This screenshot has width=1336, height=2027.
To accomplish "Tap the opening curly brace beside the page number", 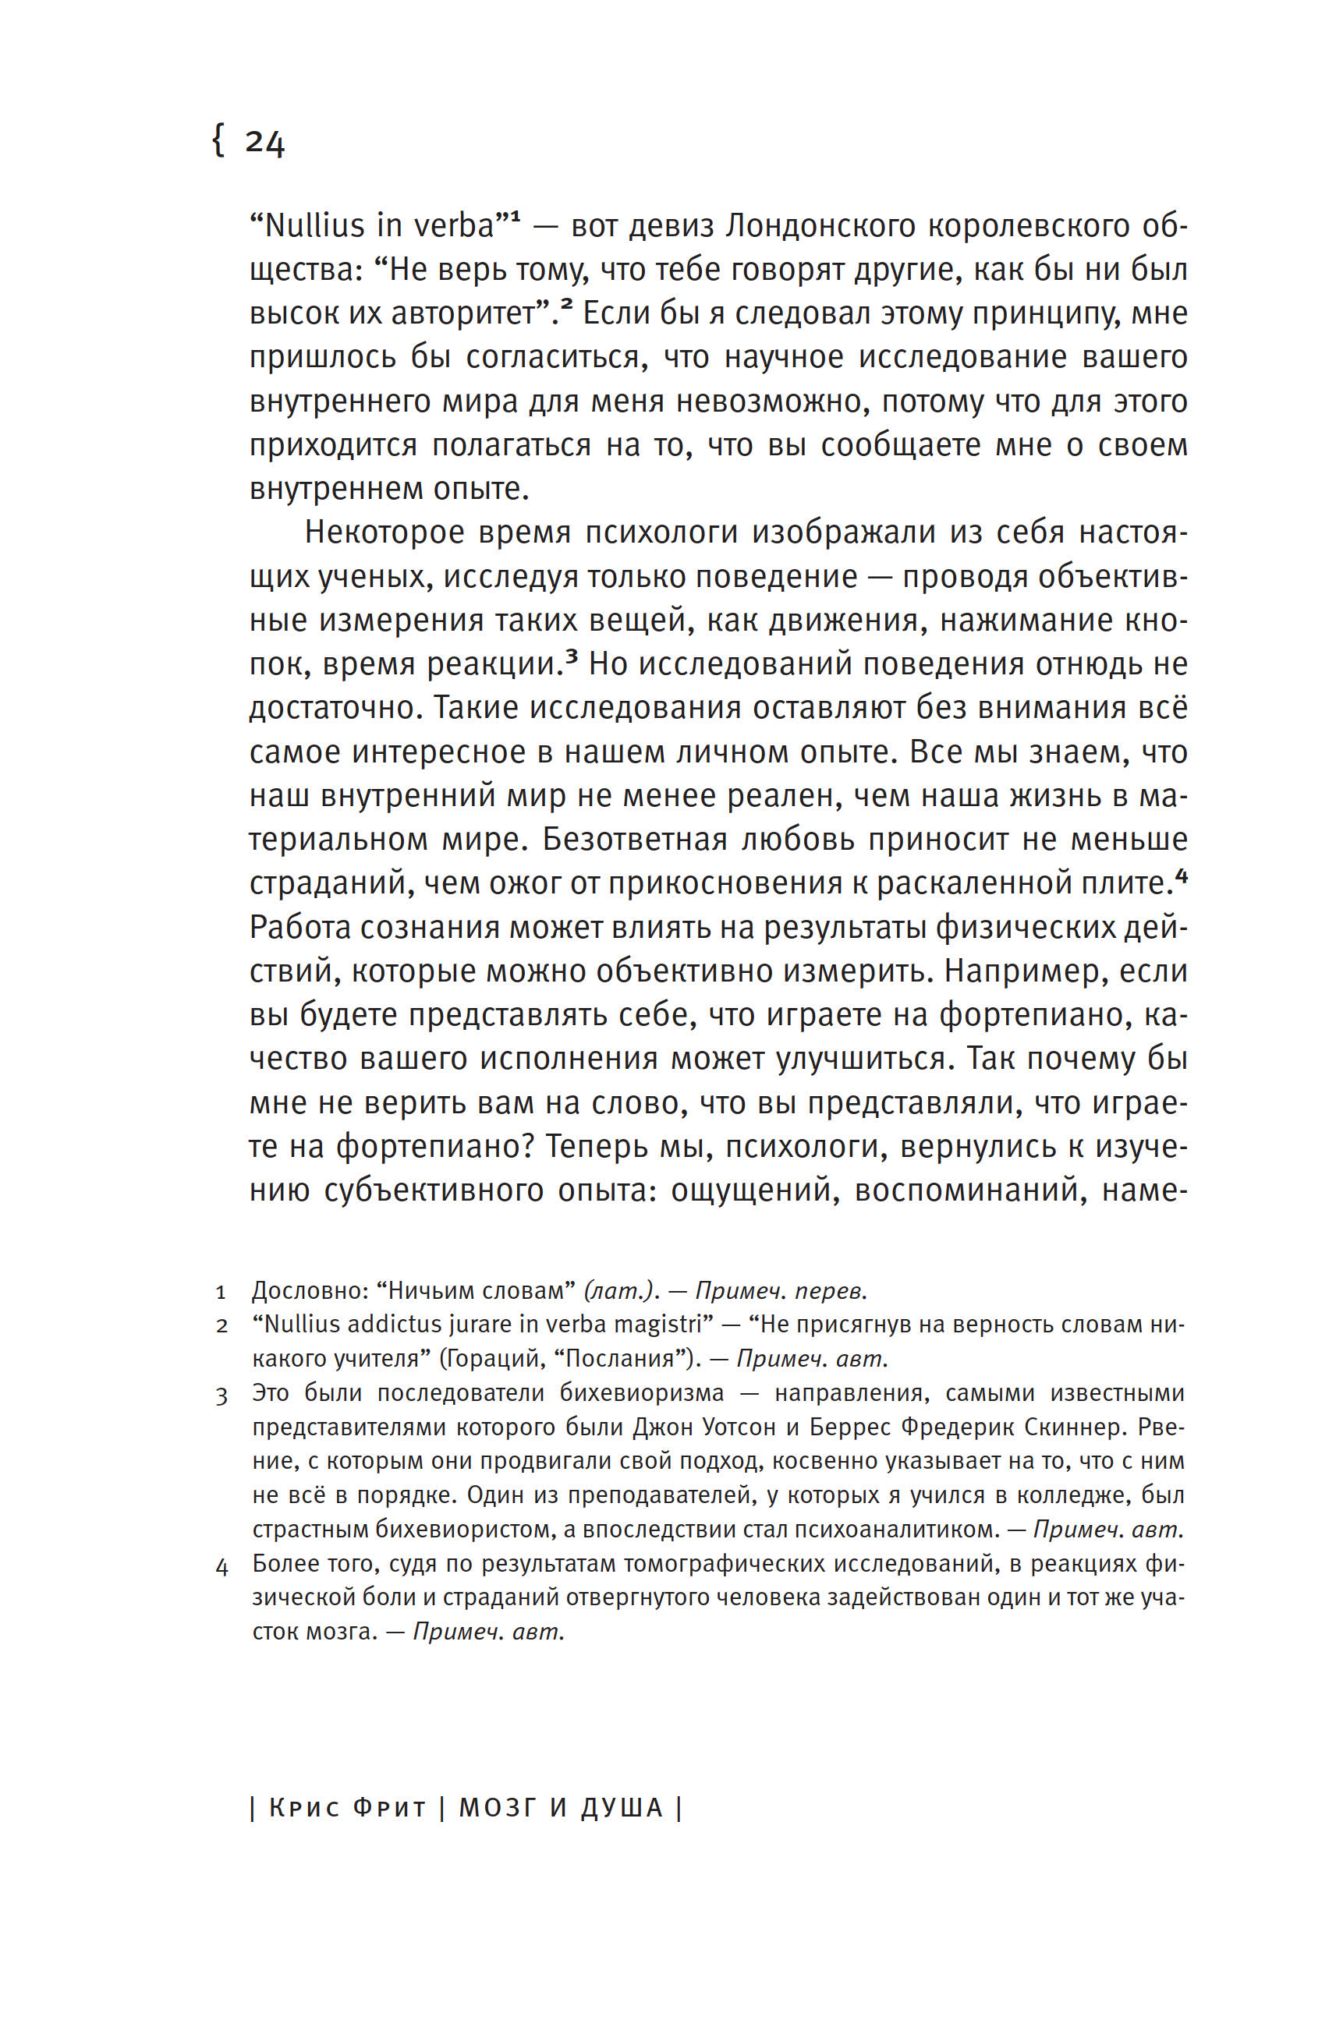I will [x=218, y=140].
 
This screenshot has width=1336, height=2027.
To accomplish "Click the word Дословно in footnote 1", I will [x=310, y=1291].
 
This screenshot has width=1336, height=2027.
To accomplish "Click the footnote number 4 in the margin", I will [x=221, y=1566].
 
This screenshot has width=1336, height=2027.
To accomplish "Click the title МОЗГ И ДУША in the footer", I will [x=561, y=1808].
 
